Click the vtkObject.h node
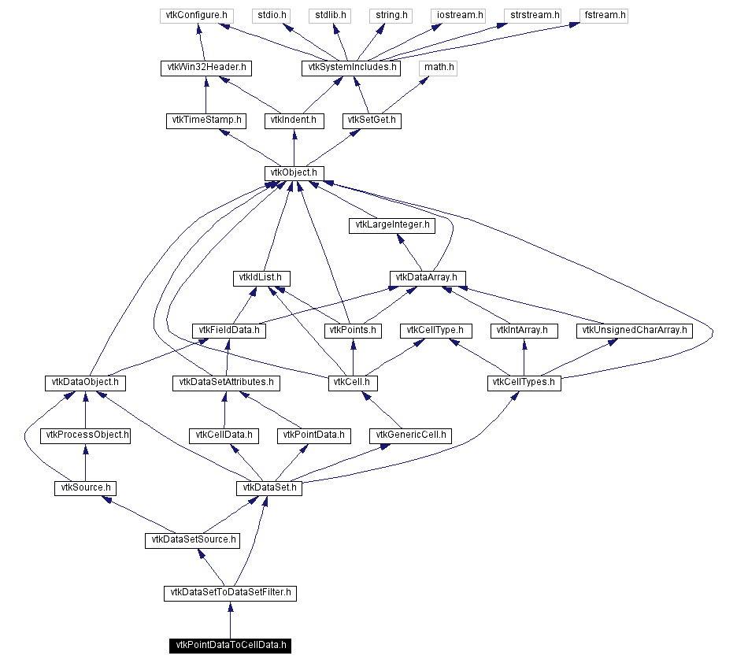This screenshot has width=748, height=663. point(294,172)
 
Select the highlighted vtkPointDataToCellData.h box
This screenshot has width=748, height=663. point(230,646)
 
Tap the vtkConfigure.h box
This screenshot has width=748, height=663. point(195,15)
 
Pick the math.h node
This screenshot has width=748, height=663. point(439,68)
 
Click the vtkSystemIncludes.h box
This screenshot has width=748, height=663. point(350,69)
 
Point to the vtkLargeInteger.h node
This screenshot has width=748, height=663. point(392,225)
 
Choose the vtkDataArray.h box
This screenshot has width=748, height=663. point(428,278)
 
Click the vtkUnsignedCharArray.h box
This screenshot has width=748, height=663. point(635,331)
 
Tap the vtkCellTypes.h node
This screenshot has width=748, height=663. point(524,383)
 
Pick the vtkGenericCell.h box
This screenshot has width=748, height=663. point(410,435)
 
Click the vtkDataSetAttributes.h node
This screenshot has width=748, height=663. point(226,383)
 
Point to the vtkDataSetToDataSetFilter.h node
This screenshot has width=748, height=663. point(230,593)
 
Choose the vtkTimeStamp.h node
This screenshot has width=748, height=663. point(206,120)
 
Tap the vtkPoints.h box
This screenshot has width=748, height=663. point(352,331)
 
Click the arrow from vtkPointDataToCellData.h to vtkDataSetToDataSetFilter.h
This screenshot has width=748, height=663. point(230,619)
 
